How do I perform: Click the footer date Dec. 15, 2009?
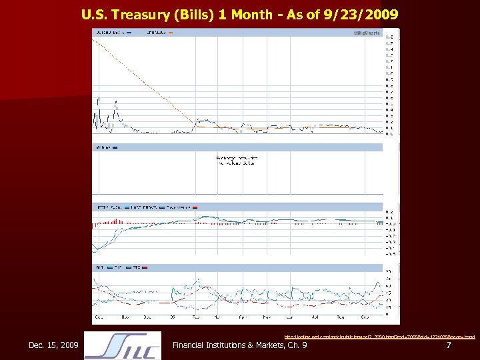53,345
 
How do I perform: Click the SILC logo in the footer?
123,346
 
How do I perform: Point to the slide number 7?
449,345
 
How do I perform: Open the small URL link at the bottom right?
380,337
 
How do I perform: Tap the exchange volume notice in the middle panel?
237,160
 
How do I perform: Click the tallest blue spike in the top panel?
99,100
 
